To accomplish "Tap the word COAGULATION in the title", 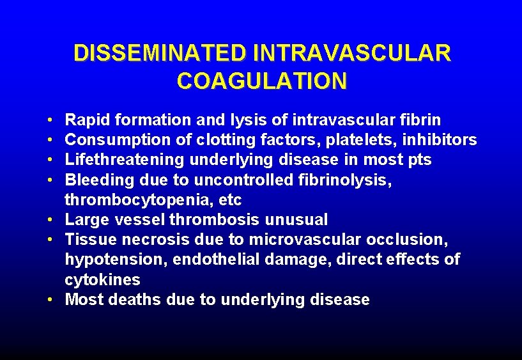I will pos(262,81).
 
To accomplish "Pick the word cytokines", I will pos(102,280).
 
